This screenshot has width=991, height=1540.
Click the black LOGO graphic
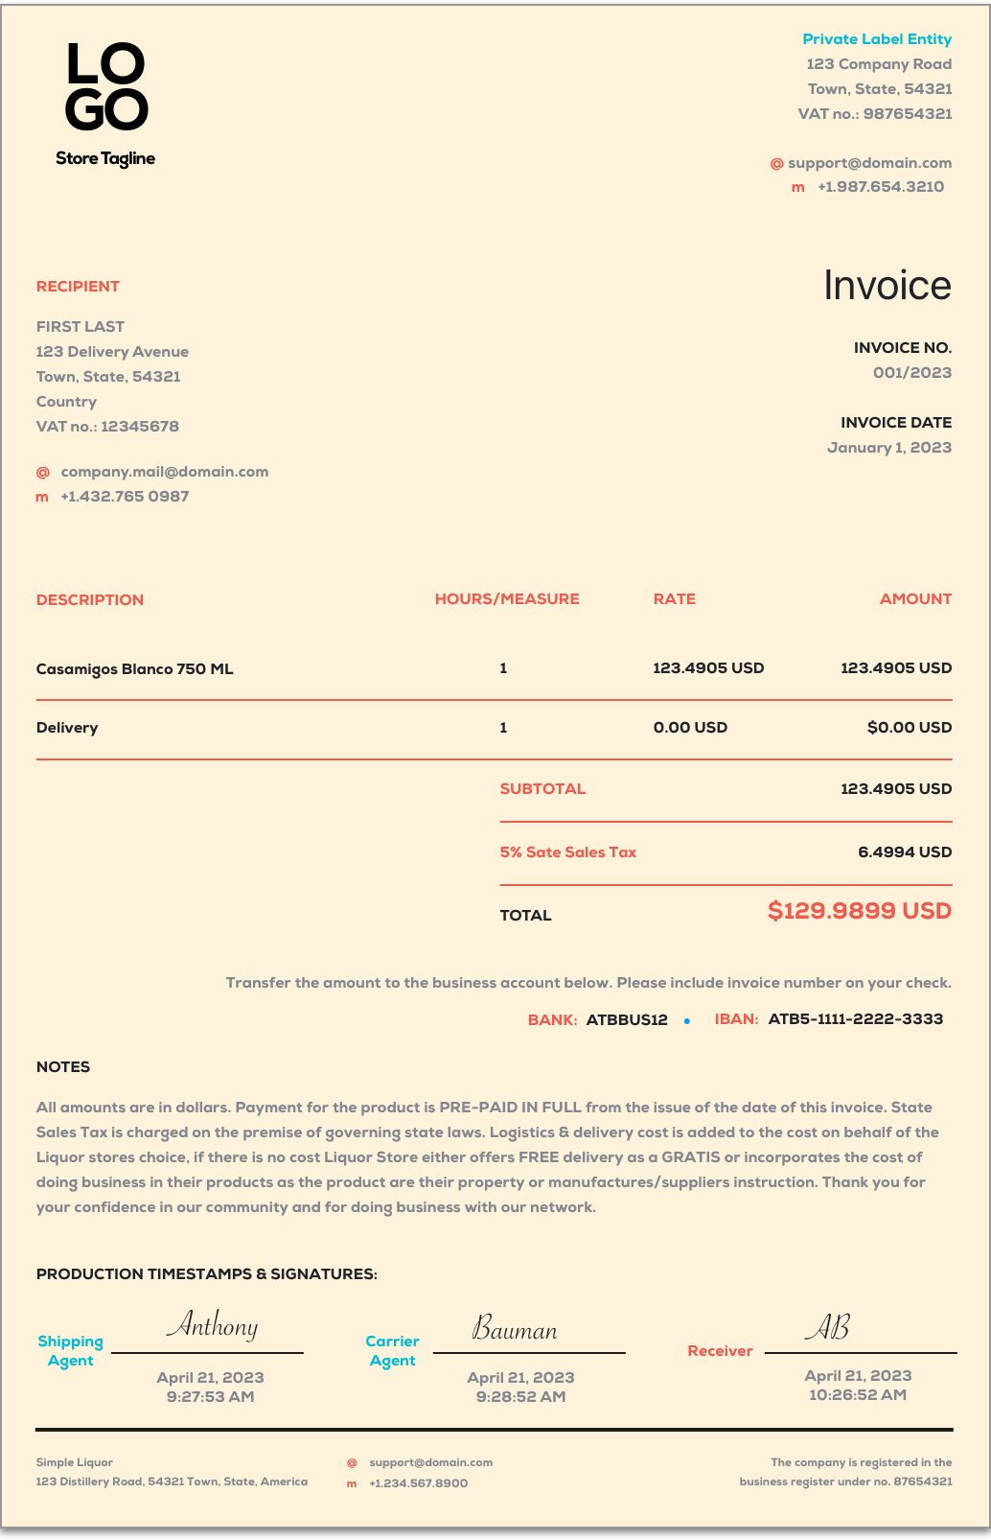[x=106, y=87]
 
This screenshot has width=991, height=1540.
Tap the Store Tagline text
[x=105, y=159]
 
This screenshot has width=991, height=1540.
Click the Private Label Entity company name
[x=877, y=39]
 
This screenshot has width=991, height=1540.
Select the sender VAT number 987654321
[x=908, y=114]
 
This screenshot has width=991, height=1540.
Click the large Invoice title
[x=887, y=286]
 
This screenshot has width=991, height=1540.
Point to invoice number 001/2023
[x=911, y=373]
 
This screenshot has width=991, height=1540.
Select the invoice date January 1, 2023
[x=889, y=448]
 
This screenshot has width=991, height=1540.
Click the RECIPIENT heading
[x=78, y=287]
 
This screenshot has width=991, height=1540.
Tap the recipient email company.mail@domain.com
[x=164, y=472]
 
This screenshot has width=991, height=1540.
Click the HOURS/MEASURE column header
[x=507, y=599]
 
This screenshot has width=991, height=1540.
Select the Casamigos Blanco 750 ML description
[x=134, y=669]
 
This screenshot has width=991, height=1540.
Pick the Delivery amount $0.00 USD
[x=909, y=728]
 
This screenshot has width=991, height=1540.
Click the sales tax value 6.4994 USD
[x=905, y=852]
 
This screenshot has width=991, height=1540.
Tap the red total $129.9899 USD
[x=859, y=911]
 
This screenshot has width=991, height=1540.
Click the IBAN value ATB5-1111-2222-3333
[x=855, y=1019]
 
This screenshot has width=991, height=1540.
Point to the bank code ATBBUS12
[x=627, y=1020]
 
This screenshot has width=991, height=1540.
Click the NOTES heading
[x=63, y=1067]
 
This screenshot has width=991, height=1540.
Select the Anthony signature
[x=212, y=1326]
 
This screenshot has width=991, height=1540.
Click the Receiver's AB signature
[x=827, y=1327]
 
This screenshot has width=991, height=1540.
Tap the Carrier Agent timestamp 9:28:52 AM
[x=520, y=1397]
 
